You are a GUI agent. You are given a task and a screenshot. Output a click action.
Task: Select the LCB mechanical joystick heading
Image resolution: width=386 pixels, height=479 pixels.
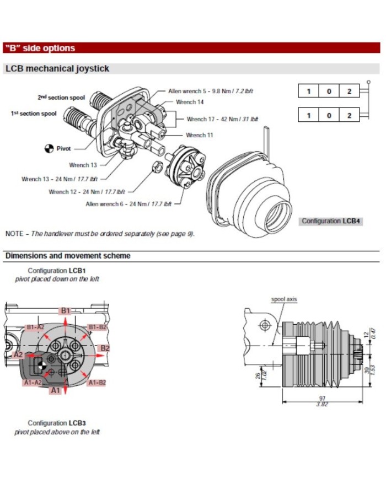57,69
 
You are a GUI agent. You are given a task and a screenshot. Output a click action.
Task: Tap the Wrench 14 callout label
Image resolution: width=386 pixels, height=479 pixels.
190,102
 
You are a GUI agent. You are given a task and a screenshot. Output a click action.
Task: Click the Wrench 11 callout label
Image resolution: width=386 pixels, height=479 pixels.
199,135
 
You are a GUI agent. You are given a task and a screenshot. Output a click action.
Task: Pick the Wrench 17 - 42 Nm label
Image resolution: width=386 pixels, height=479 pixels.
222,119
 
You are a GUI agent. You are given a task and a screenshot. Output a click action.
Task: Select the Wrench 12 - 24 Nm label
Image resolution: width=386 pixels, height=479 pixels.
87,192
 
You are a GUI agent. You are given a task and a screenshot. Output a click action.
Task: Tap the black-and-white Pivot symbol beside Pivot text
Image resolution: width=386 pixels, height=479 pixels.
48,148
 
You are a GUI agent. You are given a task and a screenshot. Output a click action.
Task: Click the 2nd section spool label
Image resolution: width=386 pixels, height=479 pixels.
61,98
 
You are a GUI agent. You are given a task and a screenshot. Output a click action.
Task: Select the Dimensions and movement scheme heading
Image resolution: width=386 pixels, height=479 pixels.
68,256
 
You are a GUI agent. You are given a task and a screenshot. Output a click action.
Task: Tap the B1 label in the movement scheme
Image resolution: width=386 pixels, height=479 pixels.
66,311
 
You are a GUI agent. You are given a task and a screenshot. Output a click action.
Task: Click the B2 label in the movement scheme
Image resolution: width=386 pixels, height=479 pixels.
105,348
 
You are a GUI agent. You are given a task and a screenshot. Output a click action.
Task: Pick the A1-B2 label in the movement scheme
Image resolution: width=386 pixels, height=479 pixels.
96,382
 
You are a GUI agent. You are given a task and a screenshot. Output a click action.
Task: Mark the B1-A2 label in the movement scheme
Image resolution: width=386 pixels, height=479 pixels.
35,327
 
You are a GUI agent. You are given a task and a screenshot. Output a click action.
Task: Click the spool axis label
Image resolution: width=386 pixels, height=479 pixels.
284,299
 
